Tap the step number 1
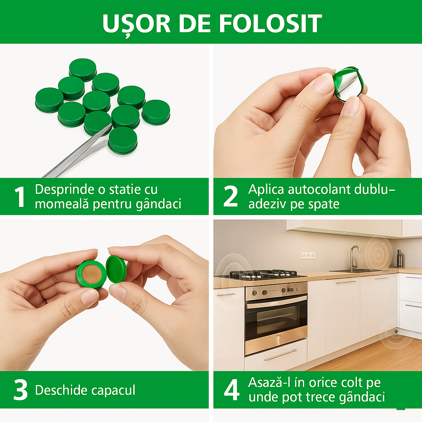(19, 197)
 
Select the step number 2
(230, 197)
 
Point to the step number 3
(20, 390)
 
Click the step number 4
(231, 390)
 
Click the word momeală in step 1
(58, 204)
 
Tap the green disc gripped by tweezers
(123, 140)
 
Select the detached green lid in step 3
(116, 269)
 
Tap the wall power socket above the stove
(308, 255)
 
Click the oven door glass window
(276, 319)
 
